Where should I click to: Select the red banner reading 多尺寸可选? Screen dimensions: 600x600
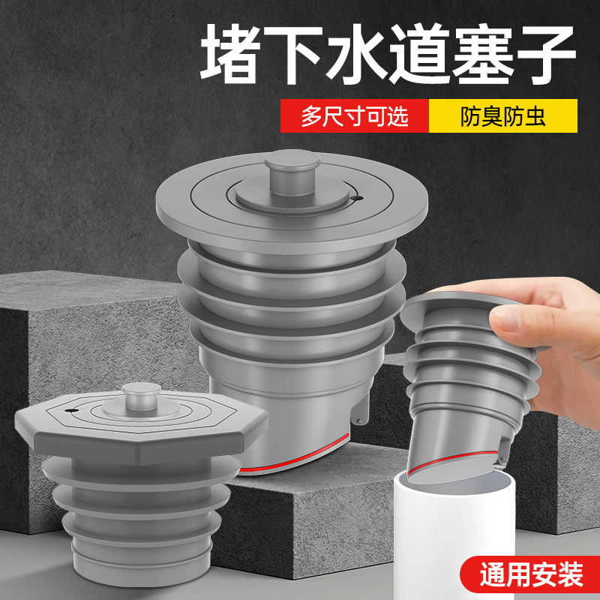click(x=354, y=117)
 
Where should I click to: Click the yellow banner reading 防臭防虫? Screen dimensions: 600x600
click(x=502, y=117)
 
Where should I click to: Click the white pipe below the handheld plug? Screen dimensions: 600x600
click(x=465, y=540)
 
